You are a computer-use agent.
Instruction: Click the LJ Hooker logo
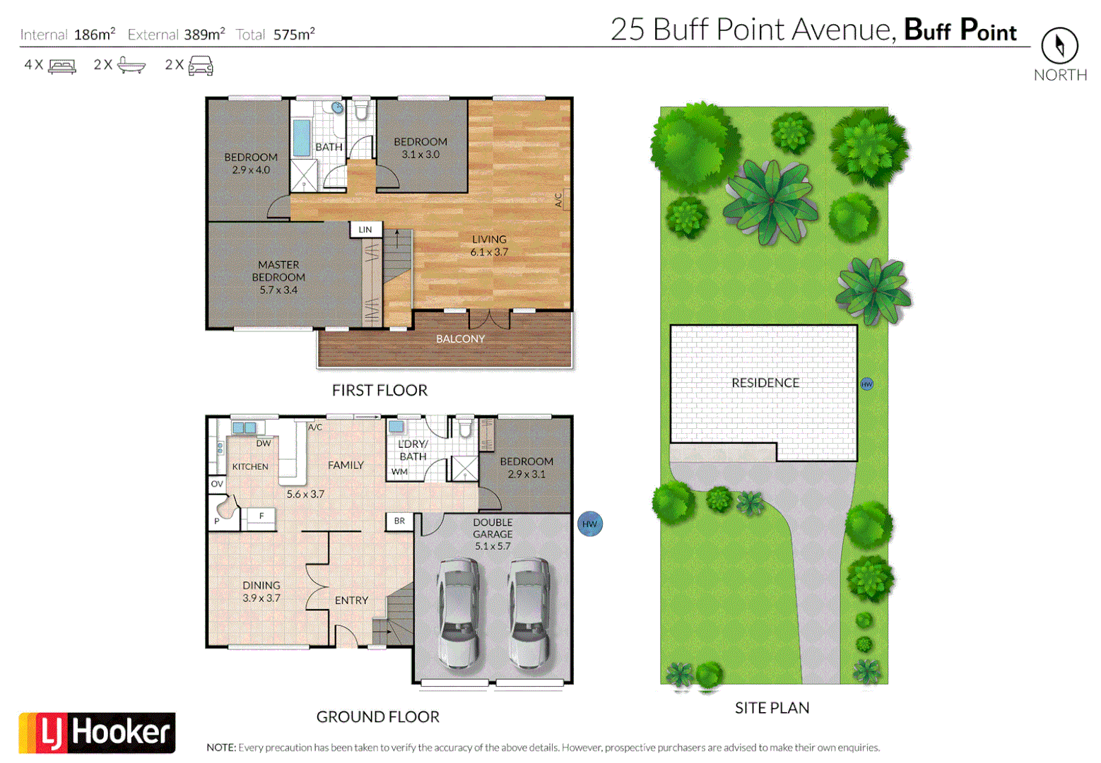pyautogui.click(x=97, y=733)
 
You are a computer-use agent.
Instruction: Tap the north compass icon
pyautogui.click(x=1059, y=46)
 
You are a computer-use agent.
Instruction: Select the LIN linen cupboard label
pyautogui.click(x=365, y=230)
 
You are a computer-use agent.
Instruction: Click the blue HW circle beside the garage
pyautogui.click(x=590, y=524)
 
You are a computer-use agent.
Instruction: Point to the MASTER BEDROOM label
pyautogui.click(x=278, y=277)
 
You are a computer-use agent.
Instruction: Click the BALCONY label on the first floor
pyautogui.click(x=460, y=339)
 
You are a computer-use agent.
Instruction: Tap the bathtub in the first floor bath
pyautogui.click(x=302, y=138)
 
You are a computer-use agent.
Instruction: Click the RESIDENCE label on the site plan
pyautogui.click(x=765, y=383)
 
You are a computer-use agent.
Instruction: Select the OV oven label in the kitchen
pyautogui.click(x=217, y=484)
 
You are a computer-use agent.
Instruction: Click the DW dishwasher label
pyautogui.click(x=264, y=444)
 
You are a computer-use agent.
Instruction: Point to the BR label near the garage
pyautogui.click(x=399, y=521)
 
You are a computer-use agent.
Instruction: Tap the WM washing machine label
pyautogui.click(x=399, y=472)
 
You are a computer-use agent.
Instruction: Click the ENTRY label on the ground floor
pyautogui.click(x=351, y=601)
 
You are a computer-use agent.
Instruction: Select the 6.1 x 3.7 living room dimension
pyautogui.click(x=489, y=252)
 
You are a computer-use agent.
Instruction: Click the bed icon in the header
pyautogui.click(x=62, y=66)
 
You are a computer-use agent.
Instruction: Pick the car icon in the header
pyautogui.click(x=201, y=66)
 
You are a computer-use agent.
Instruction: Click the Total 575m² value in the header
pyautogui.click(x=294, y=35)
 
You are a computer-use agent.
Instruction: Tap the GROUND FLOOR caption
pyautogui.click(x=377, y=717)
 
